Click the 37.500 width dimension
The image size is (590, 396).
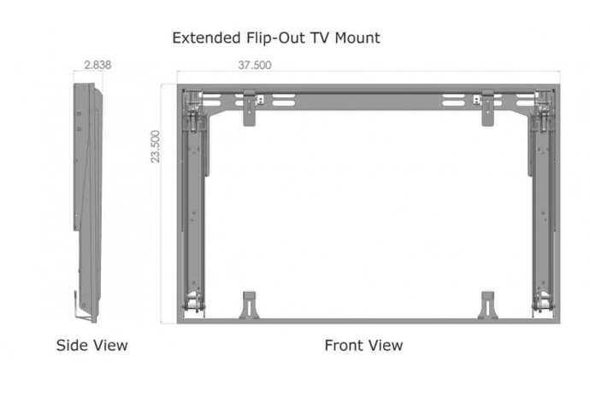tap(254, 65)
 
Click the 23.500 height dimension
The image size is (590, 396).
tap(156, 147)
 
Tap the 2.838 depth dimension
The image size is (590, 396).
tap(97, 65)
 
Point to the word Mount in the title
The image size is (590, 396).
tap(357, 38)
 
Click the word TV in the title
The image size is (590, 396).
tap(320, 38)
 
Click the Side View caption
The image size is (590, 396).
tap(91, 346)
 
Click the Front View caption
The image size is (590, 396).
tap(363, 346)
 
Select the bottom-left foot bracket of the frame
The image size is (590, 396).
tap(249, 305)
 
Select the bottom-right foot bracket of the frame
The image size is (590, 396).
tap(487, 305)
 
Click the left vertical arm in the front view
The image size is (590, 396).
tap(195, 211)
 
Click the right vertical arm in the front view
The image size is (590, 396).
tap(542, 211)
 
